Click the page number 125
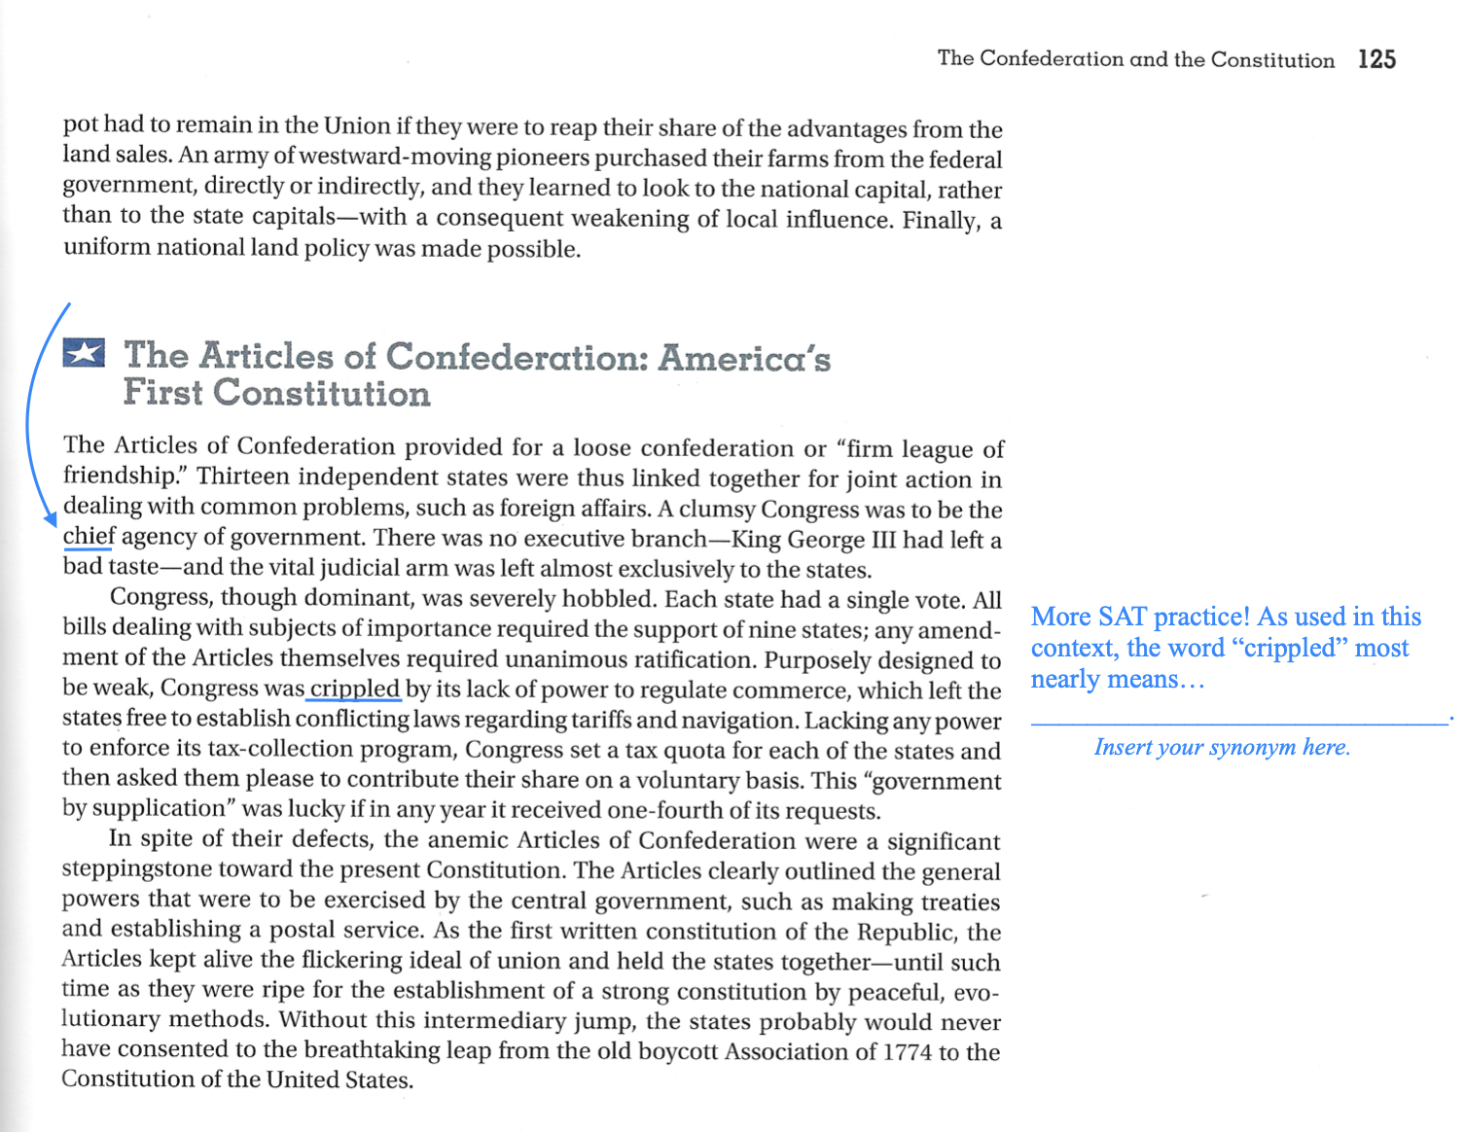pyautogui.click(x=1376, y=59)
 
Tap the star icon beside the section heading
pyautogui.click(x=84, y=352)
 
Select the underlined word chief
pyautogui.click(x=89, y=537)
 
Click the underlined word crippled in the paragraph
pyautogui.click(x=354, y=689)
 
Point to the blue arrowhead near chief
pyautogui.click(x=52, y=520)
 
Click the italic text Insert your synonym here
pyautogui.click(x=1222, y=747)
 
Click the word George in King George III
pyautogui.click(x=825, y=540)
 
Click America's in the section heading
pyautogui.click(x=744, y=358)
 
